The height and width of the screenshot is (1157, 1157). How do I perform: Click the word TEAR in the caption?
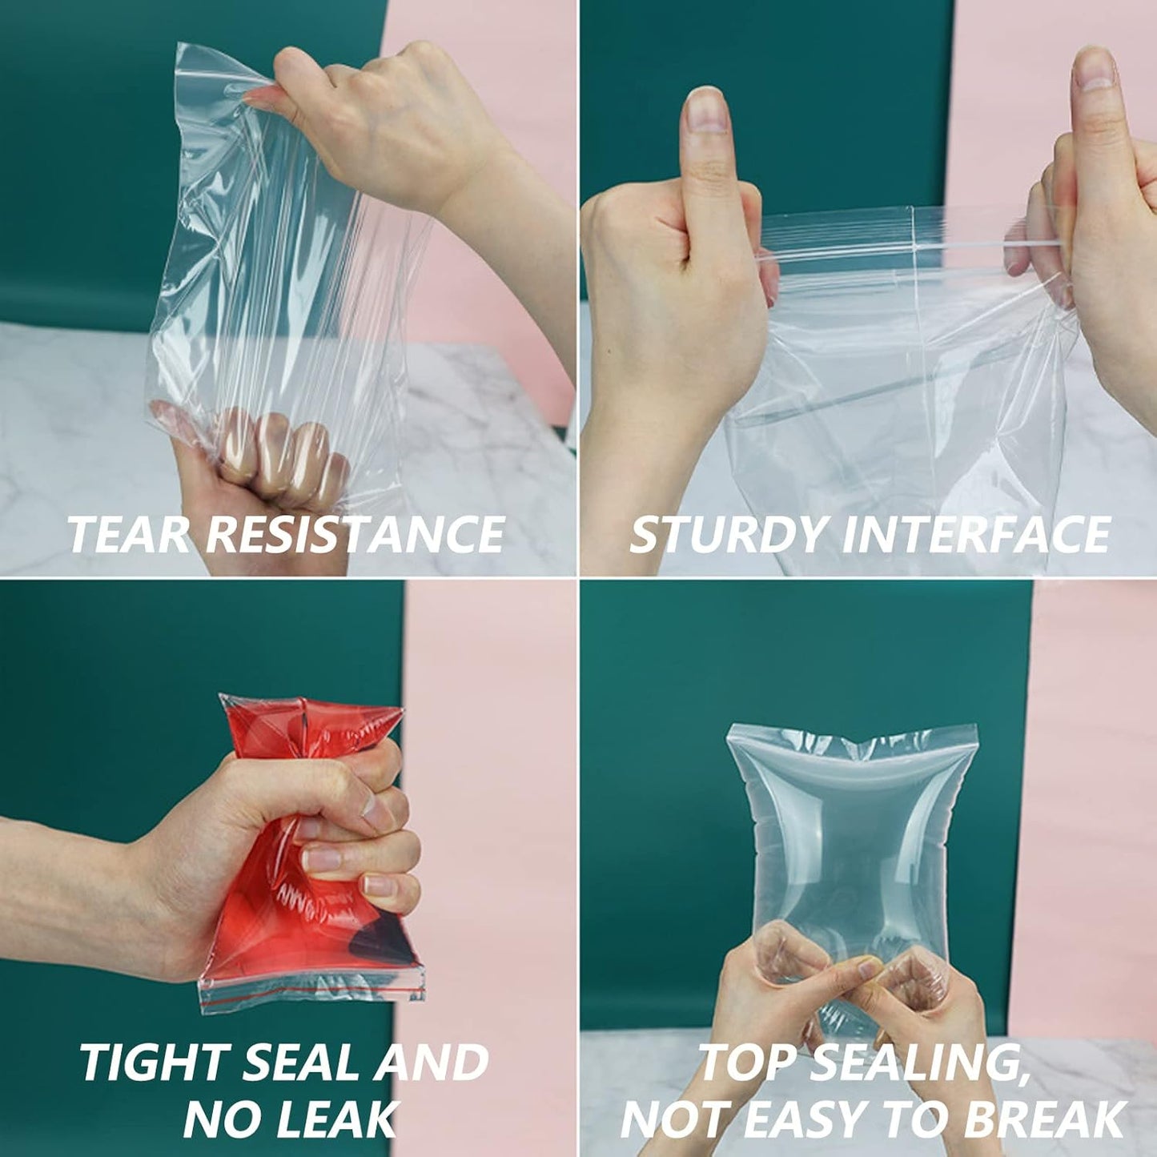129,534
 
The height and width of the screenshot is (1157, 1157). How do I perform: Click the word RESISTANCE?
355,534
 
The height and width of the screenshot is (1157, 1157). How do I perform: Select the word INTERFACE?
975,534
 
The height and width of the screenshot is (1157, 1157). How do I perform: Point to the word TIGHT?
153,1063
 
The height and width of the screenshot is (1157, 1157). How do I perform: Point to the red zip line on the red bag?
312,1000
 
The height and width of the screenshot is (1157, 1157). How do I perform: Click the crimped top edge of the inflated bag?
853,741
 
